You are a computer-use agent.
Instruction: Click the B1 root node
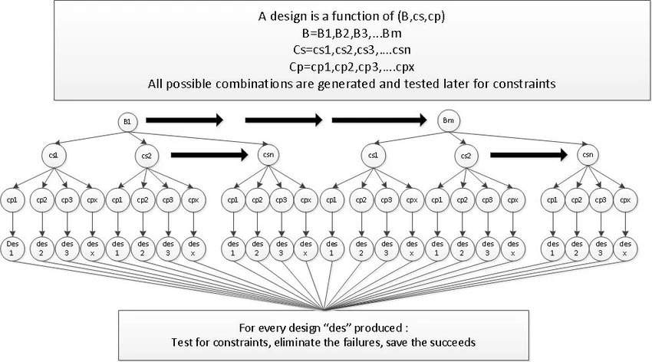[127, 122]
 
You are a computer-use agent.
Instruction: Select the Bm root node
[448, 121]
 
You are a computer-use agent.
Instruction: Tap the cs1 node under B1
[54, 156]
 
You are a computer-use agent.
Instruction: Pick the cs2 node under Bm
[466, 156]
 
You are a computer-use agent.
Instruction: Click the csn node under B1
[268, 155]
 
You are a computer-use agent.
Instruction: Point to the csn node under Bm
[588, 155]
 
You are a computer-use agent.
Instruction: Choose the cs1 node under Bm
[373, 156]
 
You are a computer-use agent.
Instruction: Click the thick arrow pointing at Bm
[379, 120]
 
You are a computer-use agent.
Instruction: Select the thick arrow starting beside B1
[185, 120]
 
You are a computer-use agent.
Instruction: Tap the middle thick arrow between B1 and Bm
[284, 120]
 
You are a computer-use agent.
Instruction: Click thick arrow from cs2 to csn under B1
[209, 156]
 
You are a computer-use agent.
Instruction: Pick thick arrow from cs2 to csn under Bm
[529, 156]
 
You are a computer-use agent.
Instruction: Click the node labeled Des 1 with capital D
[12, 248]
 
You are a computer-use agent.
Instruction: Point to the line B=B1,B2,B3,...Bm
[351, 33]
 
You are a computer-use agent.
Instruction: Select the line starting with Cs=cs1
[351, 50]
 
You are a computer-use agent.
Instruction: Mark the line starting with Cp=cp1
[351, 67]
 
